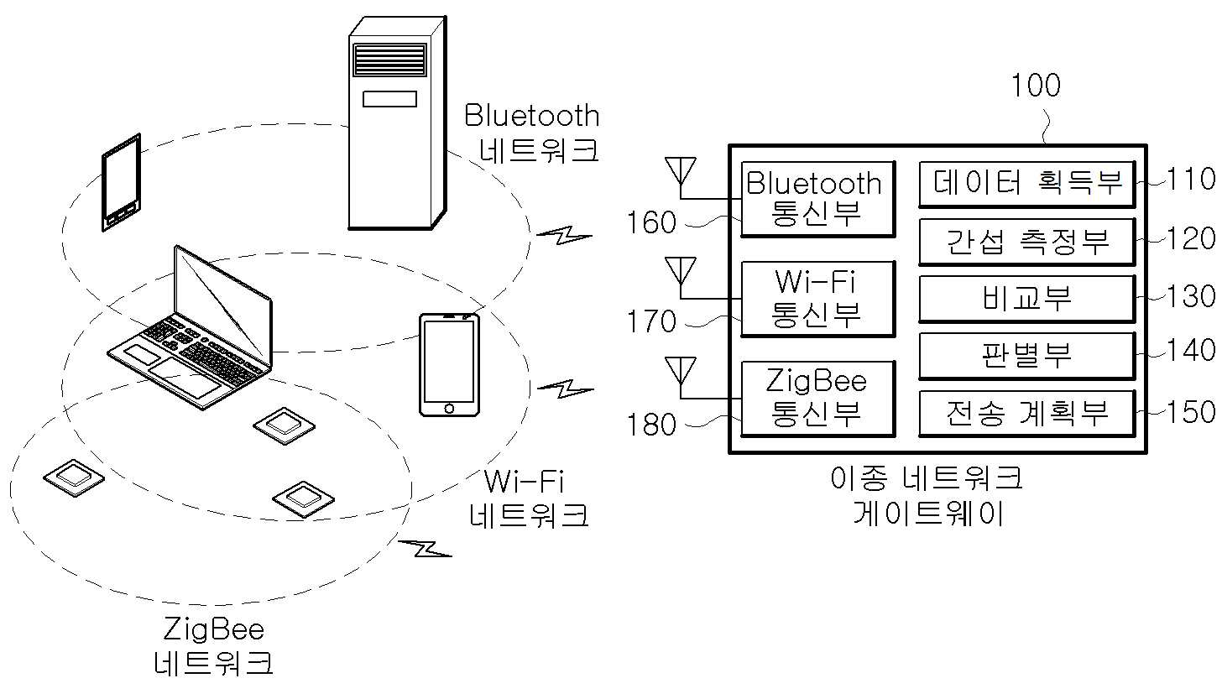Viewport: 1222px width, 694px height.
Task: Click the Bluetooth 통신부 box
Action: [x=817, y=199]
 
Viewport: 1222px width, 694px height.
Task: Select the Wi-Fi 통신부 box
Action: [x=817, y=299]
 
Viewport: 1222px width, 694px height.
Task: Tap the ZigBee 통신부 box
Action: [x=817, y=399]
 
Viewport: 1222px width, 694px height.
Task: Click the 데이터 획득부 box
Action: [x=1027, y=185]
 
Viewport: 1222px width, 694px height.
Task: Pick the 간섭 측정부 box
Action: [x=1027, y=243]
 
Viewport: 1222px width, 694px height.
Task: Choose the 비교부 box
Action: [x=1027, y=299]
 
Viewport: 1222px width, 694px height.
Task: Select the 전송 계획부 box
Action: [x=1027, y=414]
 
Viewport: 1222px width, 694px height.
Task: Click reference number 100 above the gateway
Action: [x=1036, y=85]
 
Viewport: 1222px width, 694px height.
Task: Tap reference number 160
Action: [x=651, y=222]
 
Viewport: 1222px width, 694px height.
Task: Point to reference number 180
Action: [x=651, y=425]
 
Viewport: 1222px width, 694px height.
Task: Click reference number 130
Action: [x=1191, y=296]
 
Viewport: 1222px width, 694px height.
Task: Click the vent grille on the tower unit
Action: [x=389, y=60]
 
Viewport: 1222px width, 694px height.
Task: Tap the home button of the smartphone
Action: [x=449, y=408]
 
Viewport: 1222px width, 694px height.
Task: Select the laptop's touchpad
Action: [x=185, y=378]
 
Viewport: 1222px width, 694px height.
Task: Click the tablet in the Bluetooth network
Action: [x=122, y=182]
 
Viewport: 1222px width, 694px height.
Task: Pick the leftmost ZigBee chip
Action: [x=74, y=479]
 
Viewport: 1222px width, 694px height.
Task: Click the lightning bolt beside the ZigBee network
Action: [x=426, y=548]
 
